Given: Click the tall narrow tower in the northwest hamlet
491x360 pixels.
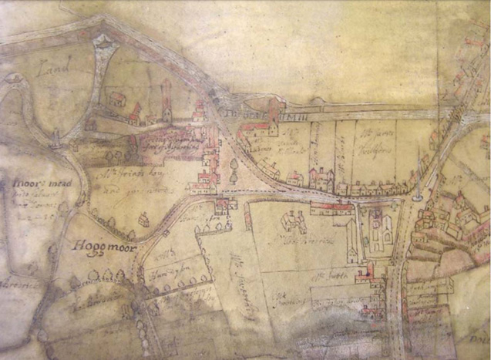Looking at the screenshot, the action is click(166, 100).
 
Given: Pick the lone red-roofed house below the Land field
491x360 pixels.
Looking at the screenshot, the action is click(117, 99).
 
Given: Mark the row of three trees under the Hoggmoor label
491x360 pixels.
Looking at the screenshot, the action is click(107, 274).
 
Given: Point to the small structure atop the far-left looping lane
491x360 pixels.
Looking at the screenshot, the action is click(15, 79).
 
